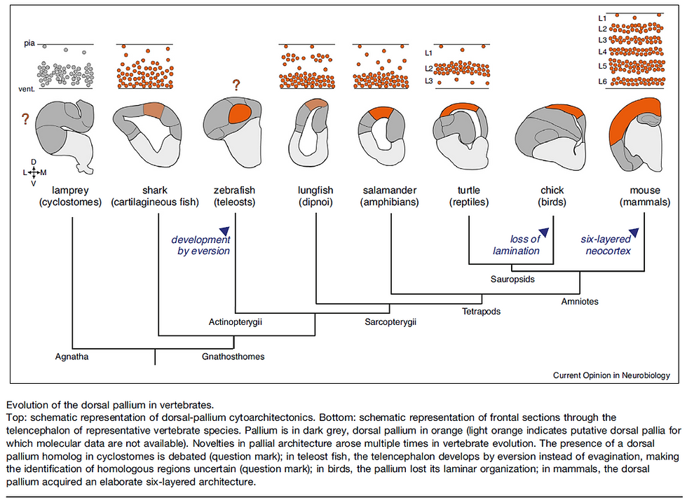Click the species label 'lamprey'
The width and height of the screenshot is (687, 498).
[72, 190]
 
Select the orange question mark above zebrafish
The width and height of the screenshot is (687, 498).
[237, 86]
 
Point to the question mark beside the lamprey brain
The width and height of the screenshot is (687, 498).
[26, 120]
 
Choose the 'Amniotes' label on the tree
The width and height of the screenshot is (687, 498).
[580, 300]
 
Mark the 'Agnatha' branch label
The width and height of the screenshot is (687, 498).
[72, 356]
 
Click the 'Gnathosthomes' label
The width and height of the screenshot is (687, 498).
[233, 356]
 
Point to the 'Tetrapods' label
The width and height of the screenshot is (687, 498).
[481, 311]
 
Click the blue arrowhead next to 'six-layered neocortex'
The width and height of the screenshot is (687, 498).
[635, 232]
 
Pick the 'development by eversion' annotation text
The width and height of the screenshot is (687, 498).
[201, 244]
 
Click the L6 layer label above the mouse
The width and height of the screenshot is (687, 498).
[602, 82]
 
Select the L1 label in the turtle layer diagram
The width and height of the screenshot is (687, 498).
[429, 53]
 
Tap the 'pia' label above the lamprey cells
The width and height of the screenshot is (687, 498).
[28, 43]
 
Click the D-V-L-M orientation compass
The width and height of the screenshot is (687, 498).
[34, 172]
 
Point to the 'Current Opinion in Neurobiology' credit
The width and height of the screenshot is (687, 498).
[611, 375]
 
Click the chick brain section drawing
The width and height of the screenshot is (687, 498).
[551, 133]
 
